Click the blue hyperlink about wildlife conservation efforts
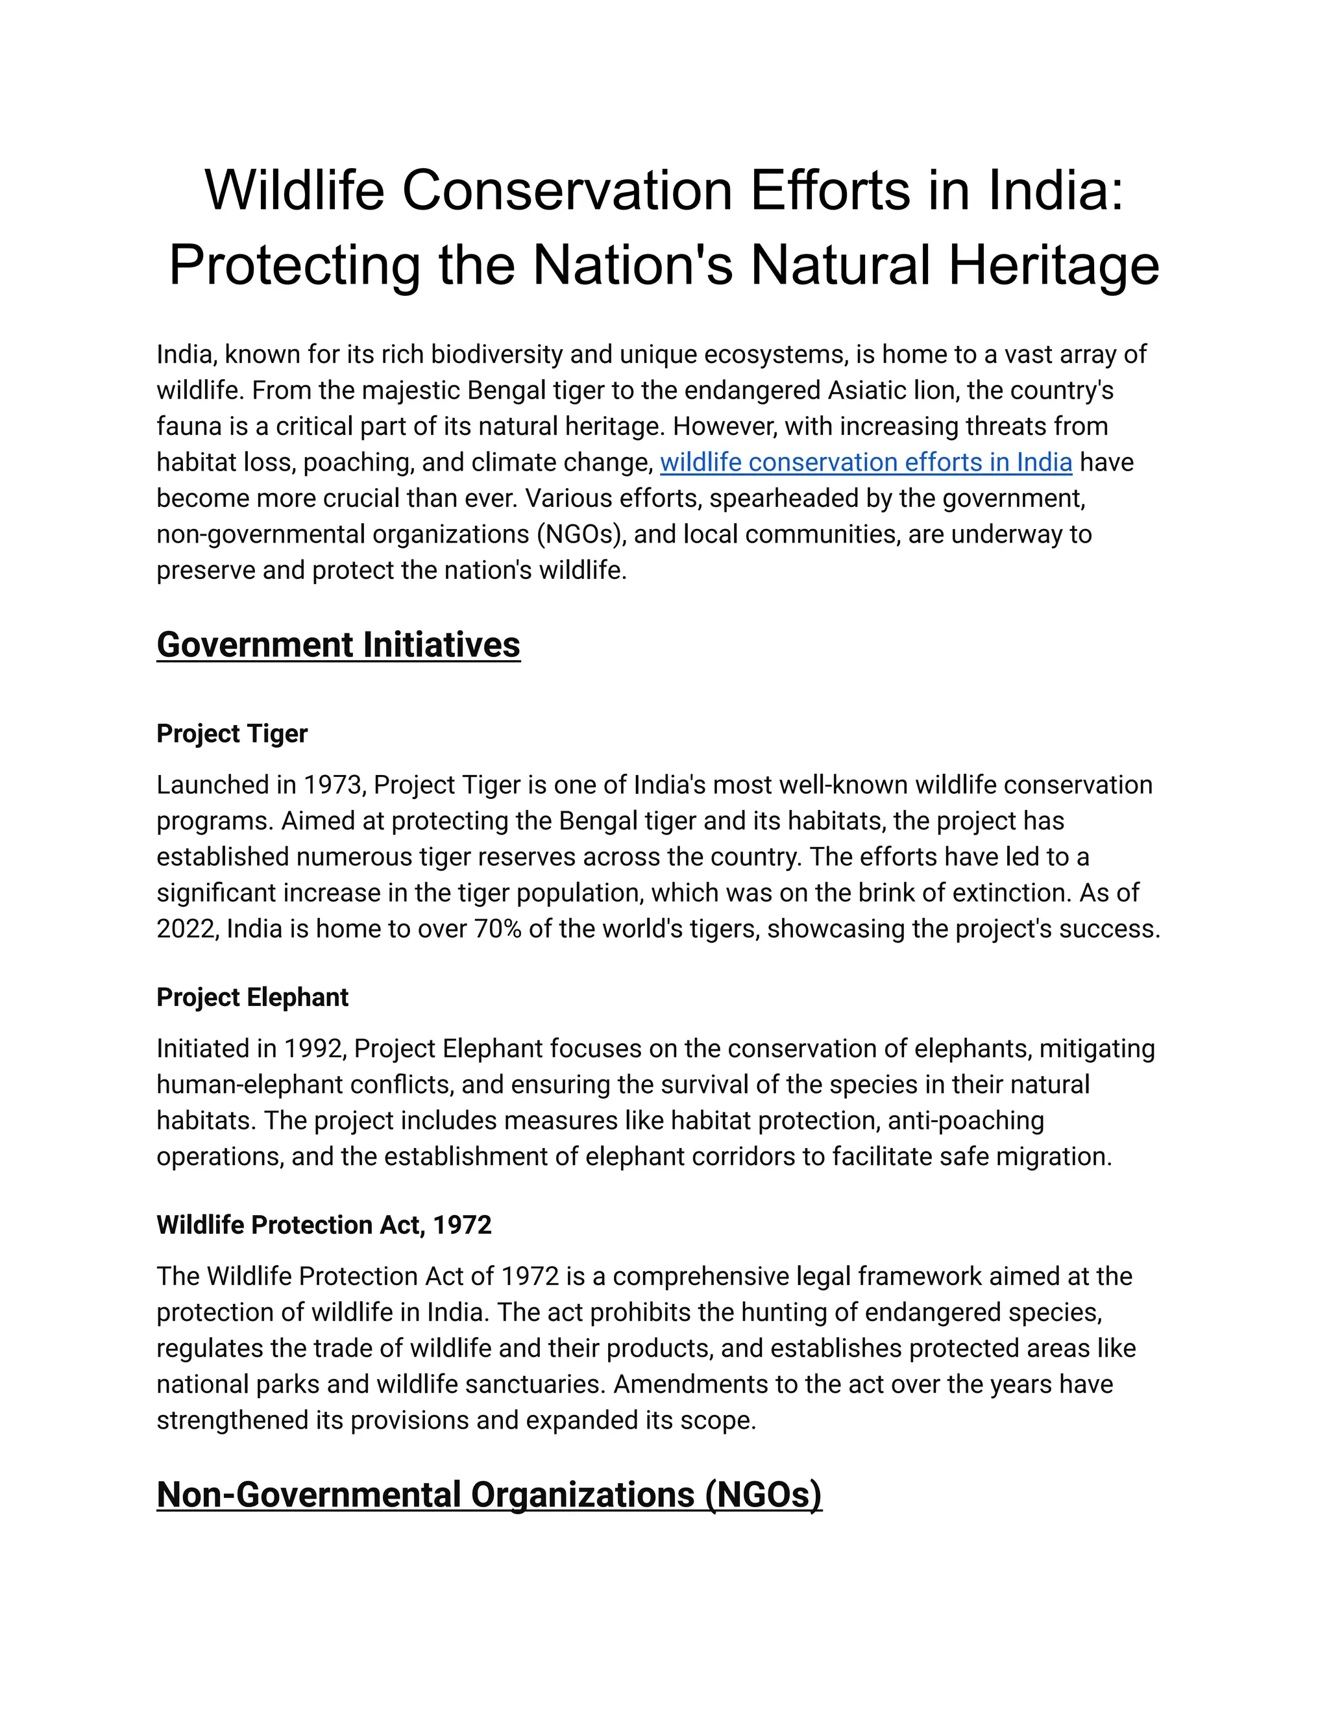[865, 462]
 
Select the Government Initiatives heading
[339, 645]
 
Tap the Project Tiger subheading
[232, 734]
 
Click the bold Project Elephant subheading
[252, 998]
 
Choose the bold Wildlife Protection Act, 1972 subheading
[324, 1225]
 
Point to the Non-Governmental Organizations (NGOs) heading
[489, 1495]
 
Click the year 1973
[334, 785]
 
